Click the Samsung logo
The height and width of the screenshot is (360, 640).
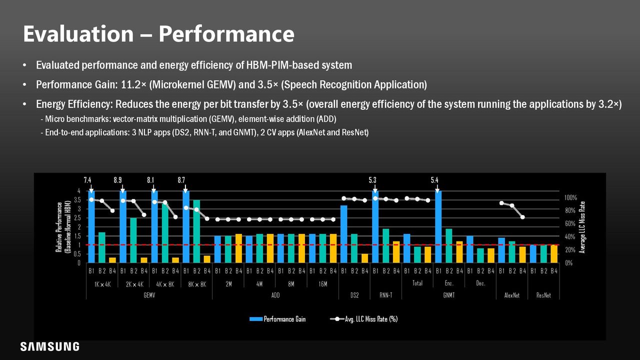pyautogui.click(x=49, y=346)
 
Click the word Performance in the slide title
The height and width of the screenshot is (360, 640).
pyautogui.click(x=226, y=34)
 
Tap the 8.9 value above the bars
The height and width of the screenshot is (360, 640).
pyautogui.click(x=117, y=180)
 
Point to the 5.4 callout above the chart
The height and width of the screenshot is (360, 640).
pyautogui.click(x=434, y=180)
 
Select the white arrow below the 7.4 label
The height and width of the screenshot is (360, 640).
pyautogui.click(x=91, y=188)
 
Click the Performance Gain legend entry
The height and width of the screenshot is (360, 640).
pyautogui.click(x=277, y=319)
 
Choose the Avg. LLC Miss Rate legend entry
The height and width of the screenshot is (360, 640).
pyautogui.click(x=363, y=319)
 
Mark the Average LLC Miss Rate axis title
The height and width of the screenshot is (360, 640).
pyautogui.click(x=582, y=227)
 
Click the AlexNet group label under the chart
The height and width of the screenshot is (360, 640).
pyautogui.click(x=512, y=295)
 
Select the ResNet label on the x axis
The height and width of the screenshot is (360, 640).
pyautogui.click(x=543, y=295)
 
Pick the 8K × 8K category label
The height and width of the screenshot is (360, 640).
pyautogui.click(x=197, y=284)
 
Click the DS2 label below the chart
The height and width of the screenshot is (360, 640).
pyautogui.click(x=354, y=295)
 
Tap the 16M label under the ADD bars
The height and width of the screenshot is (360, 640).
pyautogui.click(x=323, y=284)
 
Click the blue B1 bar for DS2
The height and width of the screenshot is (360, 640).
pyautogui.click(x=344, y=234)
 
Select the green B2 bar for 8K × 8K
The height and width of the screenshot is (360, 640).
pyautogui.click(x=196, y=231)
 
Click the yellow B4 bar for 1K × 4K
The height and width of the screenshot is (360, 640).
pyautogui.click(x=112, y=260)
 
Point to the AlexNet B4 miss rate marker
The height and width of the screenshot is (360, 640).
pyautogui.click(x=522, y=217)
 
